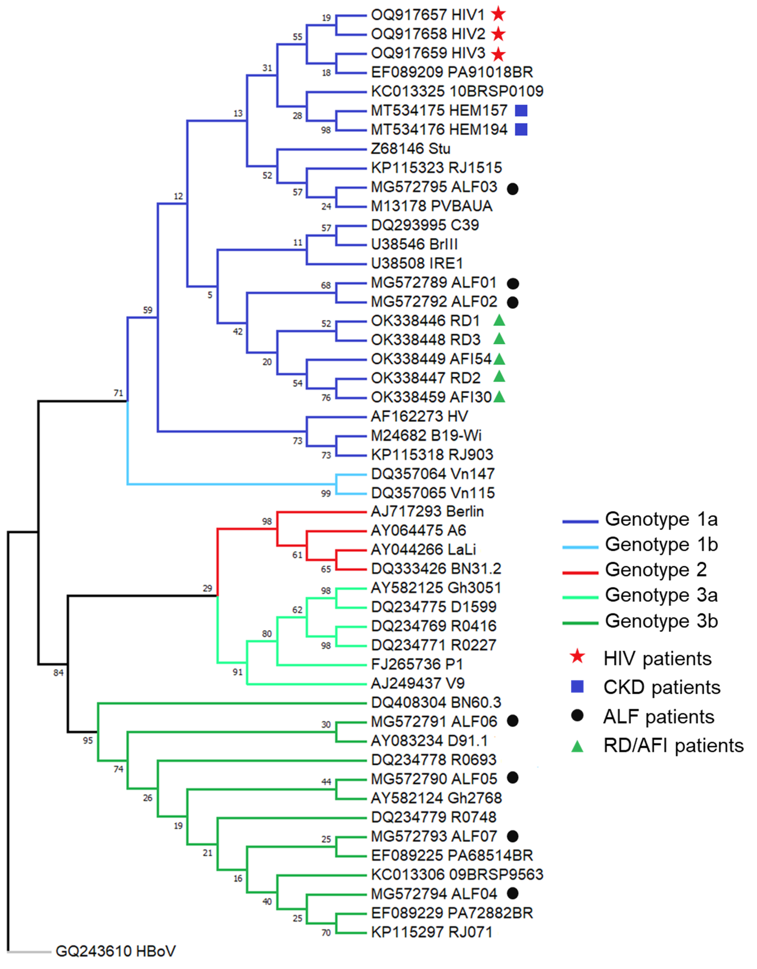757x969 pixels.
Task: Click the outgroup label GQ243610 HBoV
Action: (x=115, y=951)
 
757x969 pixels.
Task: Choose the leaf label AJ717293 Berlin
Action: (x=427, y=512)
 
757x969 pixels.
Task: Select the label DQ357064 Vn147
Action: (x=433, y=474)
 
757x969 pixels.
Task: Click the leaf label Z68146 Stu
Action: (x=410, y=149)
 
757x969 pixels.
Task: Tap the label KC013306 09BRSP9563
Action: (x=457, y=875)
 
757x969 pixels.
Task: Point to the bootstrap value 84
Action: (x=58, y=673)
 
